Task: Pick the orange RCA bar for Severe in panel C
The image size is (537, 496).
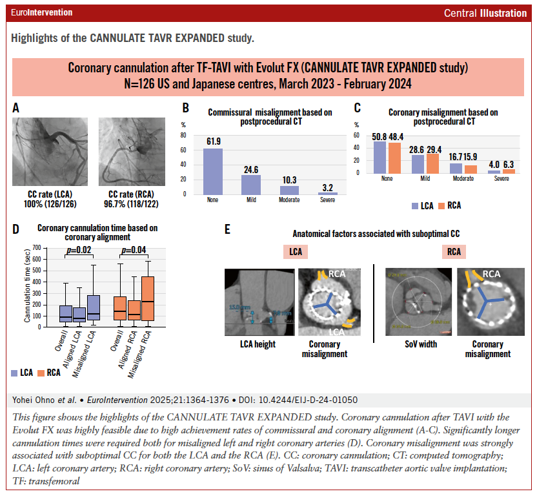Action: pyautogui.click(x=509, y=172)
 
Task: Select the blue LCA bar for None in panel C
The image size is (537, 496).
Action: pyautogui.click(x=380, y=158)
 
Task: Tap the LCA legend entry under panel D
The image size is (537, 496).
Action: pyautogui.click(x=24, y=373)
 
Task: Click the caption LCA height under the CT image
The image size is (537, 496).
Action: pyautogui.click(x=258, y=344)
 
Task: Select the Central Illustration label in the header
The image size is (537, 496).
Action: pyautogui.click(x=485, y=13)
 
